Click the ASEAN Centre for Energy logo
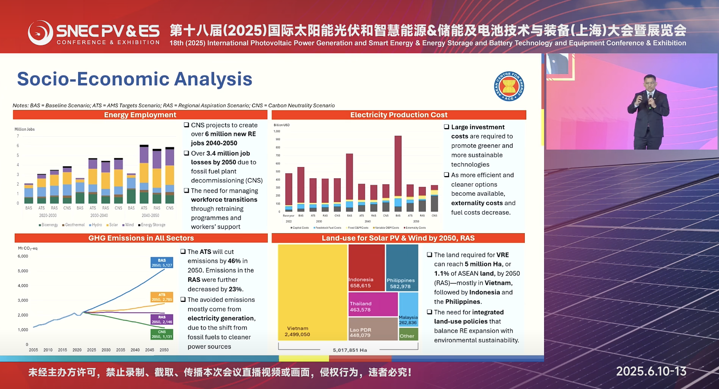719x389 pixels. (x=509, y=86)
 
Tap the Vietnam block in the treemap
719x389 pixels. (x=312, y=292)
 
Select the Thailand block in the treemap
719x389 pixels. (x=373, y=304)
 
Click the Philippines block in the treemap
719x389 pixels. (x=402, y=268)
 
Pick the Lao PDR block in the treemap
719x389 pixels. (x=373, y=329)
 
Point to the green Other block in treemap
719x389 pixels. (x=408, y=334)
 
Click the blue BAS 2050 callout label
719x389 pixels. (x=162, y=263)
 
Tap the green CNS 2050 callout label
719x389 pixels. (x=162, y=334)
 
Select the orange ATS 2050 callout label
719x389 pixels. (x=162, y=297)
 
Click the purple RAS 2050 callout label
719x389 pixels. (x=162, y=319)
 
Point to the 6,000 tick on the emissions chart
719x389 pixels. (x=23, y=256)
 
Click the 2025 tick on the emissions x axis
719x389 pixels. (x=91, y=350)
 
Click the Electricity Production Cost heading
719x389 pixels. (x=399, y=115)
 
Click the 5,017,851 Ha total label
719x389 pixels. (x=350, y=350)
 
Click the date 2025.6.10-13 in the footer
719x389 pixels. (x=651, y=371)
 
